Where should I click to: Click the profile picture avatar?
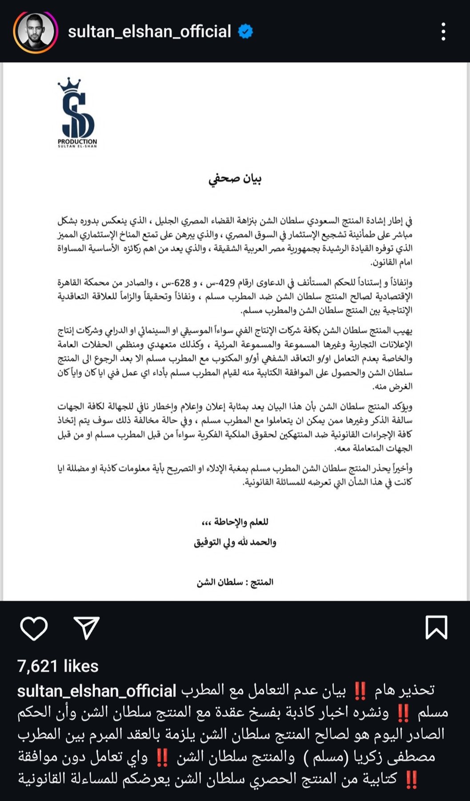(35, 32)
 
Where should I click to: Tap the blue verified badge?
(245, 32)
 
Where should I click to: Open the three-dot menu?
(443, 32)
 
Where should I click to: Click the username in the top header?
(149, 32)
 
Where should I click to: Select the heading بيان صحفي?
(235, 178)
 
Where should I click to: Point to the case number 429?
(225, 283)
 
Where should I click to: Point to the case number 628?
(182, 283)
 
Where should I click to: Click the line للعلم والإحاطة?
(235, 522)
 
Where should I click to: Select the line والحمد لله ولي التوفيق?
(235, 542)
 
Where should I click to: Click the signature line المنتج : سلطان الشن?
(235, 582)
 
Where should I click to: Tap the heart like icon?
(34, 628)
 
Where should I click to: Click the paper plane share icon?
(86, 628)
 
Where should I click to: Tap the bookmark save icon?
(436, 628)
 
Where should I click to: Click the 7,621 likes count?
(58, 666)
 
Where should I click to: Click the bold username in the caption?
(96, 691)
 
